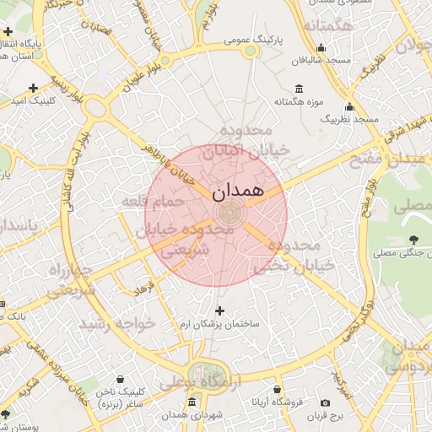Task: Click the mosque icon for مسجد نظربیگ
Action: coord(349,107)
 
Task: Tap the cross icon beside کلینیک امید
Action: coord(33,88)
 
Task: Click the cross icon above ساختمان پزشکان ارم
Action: coord(220,310)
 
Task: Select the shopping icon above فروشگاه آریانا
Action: coord(278,389)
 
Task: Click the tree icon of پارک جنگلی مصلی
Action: coord(413,241)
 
